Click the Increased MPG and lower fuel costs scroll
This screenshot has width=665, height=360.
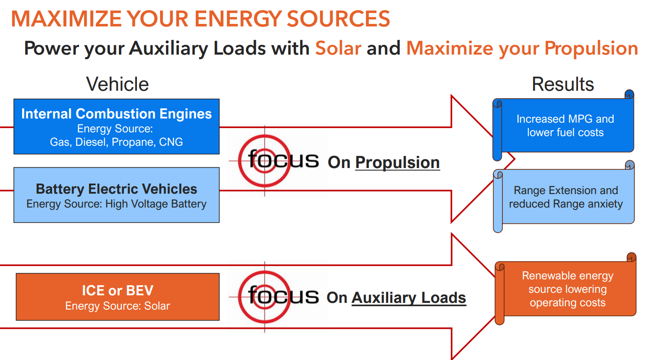(565, 126)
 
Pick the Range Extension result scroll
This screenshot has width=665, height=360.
(565, 197)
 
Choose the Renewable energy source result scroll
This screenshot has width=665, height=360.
(568, 289)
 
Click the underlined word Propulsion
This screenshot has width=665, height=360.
(397, 163)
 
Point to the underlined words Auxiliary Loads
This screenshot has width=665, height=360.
(409, 298)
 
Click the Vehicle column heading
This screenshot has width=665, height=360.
(117, 84)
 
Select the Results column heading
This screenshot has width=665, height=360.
(563, 84)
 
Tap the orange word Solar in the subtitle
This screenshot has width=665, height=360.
(338, 48)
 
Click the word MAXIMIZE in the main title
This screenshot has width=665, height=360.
(66, 19)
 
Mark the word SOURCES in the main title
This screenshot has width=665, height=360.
(338, 19)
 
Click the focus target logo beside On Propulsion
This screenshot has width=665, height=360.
(265, 161)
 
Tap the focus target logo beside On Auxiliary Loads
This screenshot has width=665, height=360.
(265, 297)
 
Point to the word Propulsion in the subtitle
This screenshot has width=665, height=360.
(591, 48)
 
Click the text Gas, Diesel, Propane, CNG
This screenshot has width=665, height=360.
(116, 142)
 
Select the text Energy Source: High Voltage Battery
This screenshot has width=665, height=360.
(116, 204)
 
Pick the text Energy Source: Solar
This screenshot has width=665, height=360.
(118, 306)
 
